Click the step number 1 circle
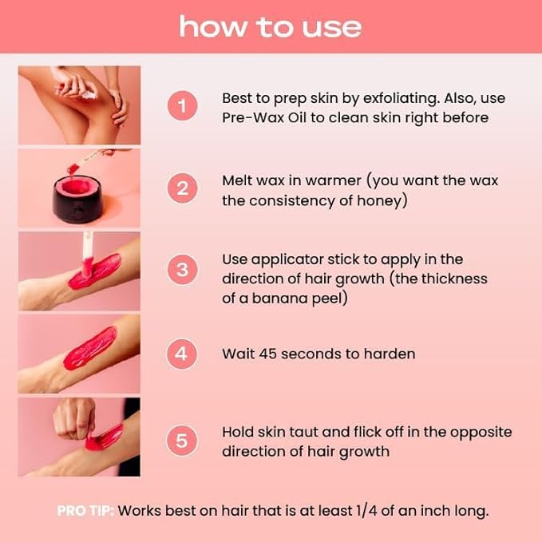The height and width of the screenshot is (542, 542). (x=183, y=106)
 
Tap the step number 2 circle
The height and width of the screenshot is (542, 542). (x=183, y=189)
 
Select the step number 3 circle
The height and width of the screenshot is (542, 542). (x=183, y=269)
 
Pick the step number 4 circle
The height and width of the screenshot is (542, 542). (x=183, y=353)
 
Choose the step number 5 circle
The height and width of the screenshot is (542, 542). (x=183, y=441)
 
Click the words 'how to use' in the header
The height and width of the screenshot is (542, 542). (x=270, y=26)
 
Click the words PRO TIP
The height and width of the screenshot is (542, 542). (x=85, y=511)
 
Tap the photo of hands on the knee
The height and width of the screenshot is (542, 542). (x=79, y=105)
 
